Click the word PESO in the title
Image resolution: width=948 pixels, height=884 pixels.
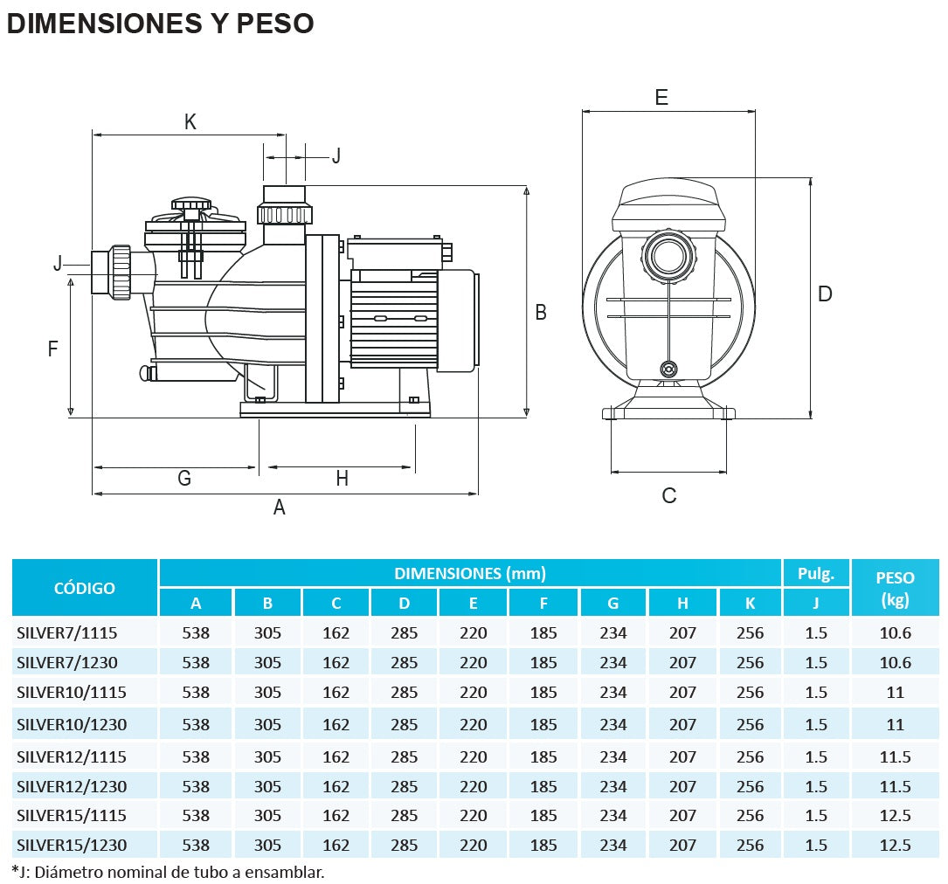(274, 24)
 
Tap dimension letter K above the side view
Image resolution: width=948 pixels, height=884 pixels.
(190, 122)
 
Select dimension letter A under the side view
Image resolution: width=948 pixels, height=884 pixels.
(280, 507)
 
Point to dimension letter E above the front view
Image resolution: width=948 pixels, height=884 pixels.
(661, 97)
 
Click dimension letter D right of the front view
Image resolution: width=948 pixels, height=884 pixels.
(825, 294)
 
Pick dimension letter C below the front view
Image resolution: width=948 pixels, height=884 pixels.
(669, 496)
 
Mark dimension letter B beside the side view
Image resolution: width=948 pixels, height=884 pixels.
(541, 312)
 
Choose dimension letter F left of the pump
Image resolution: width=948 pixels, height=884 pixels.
(52, 349)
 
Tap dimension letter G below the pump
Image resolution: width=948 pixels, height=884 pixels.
(184, 478)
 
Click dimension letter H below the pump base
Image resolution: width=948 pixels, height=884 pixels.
(342, 478)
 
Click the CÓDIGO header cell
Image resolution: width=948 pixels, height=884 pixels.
(85, 588)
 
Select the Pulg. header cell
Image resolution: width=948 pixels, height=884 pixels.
(815, 574)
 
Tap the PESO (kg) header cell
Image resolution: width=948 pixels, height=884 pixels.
(895, 588)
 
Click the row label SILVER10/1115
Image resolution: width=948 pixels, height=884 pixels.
(72, 693)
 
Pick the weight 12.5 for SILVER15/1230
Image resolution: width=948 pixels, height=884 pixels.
(895, 845)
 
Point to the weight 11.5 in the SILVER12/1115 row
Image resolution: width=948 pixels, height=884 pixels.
(895, 757)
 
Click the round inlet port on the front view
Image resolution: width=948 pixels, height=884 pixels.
(670, 254)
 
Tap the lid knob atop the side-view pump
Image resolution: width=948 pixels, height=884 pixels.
(191, 205)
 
